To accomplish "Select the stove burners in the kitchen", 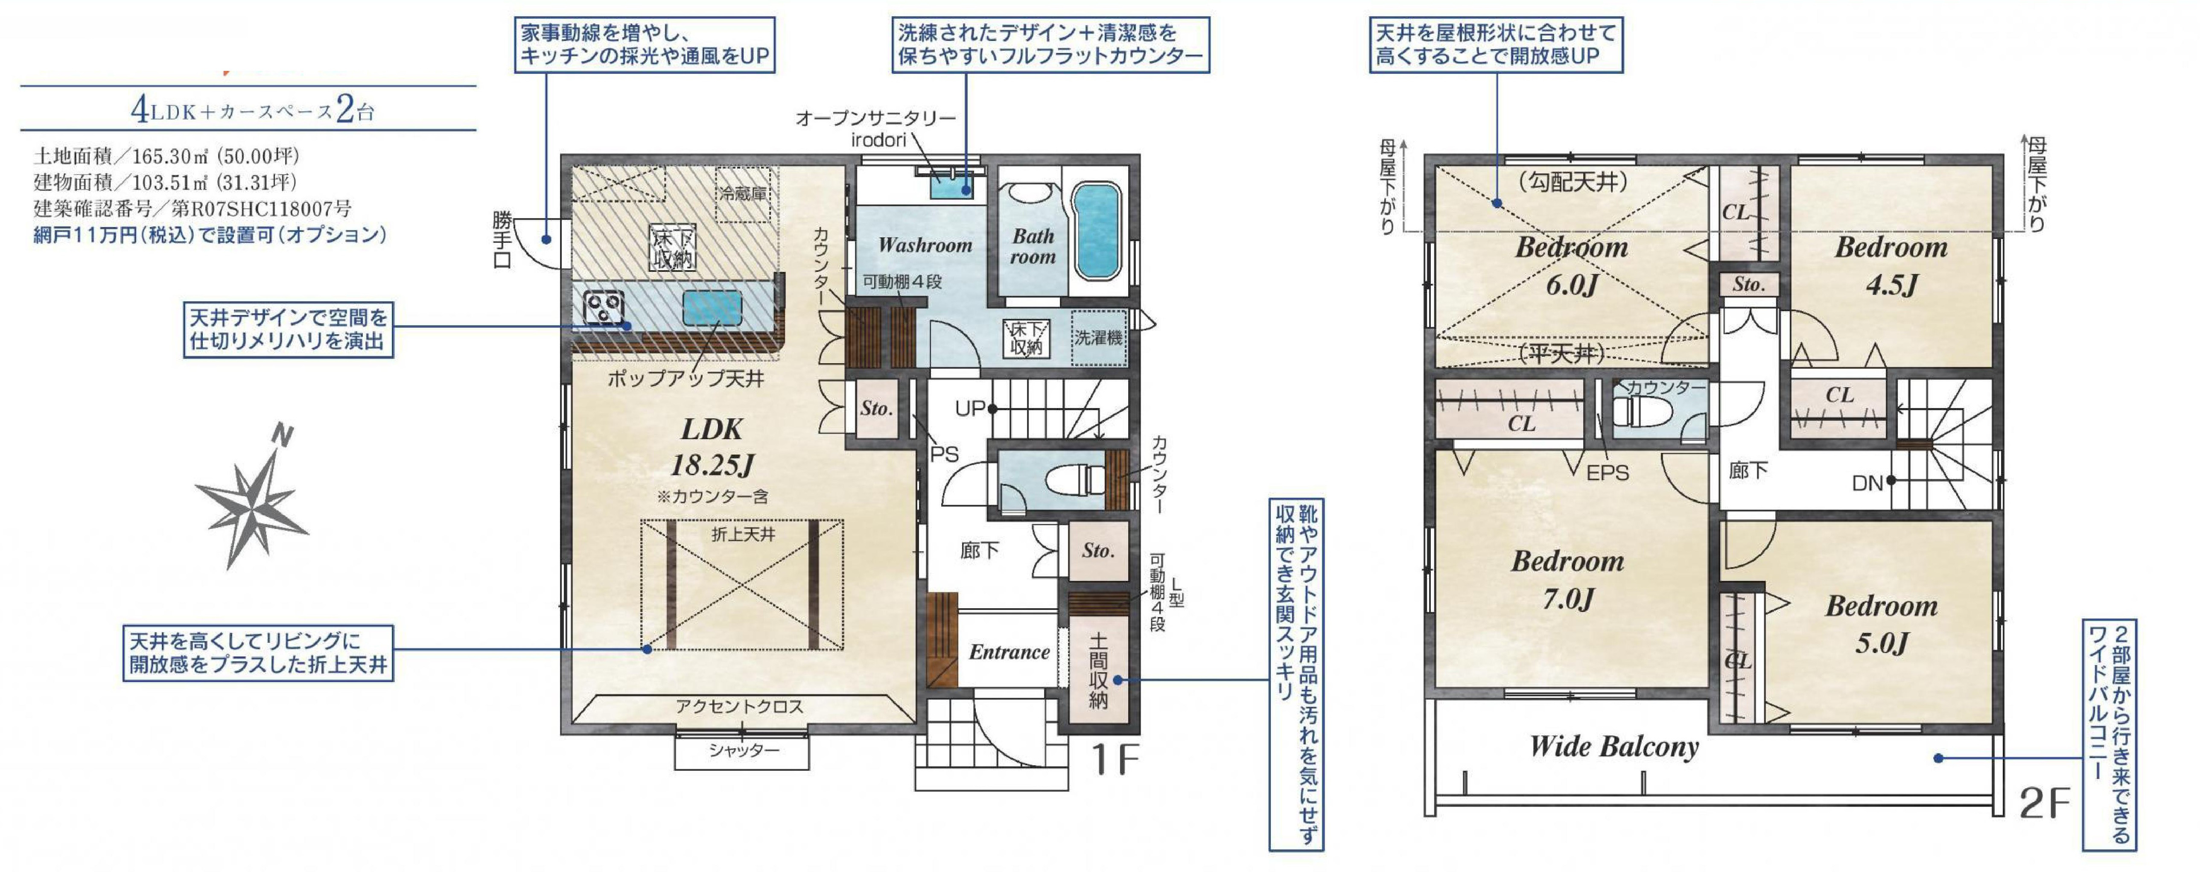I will (x=603, y=307).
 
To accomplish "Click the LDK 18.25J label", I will (x=712, y=448).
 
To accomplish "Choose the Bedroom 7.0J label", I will (x=1568, y=579).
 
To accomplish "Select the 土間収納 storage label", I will (x=1098, y=671).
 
